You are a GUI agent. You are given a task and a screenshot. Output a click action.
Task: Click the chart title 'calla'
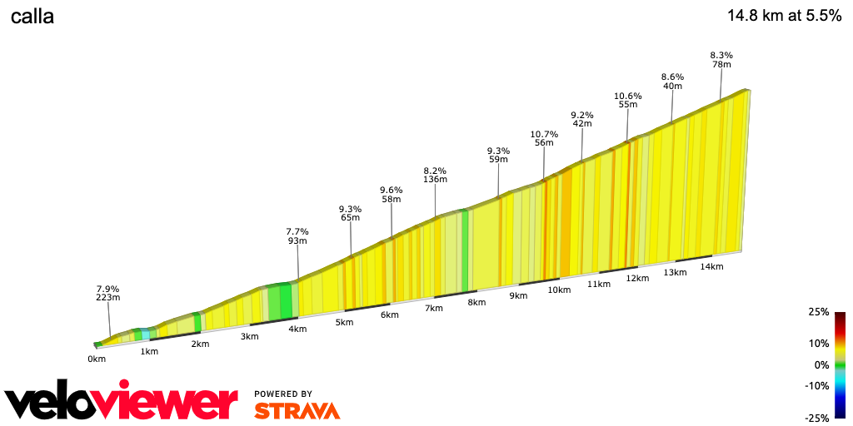point(32,17)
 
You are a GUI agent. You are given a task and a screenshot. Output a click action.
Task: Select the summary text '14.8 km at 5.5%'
point(784,16)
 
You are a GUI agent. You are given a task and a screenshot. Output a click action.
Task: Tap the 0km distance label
point(97,359)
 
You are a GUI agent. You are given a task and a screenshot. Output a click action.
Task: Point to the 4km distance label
point(297,329)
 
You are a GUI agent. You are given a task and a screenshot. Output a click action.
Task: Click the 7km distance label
point(433,308)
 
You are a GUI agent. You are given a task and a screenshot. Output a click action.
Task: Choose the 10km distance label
point(559,290)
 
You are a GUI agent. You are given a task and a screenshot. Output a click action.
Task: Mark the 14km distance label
point(711,266)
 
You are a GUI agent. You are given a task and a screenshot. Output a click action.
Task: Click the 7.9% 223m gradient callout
point(108,293)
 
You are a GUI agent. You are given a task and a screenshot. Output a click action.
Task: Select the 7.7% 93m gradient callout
point(297,236)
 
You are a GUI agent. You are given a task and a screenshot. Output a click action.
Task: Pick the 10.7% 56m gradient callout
point(543,138)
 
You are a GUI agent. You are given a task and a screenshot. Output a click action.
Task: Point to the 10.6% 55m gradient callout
point(627,100)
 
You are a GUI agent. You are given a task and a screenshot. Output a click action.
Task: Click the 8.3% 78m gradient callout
point(721,60)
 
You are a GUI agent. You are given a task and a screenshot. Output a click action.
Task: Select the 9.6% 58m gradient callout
point(392,195)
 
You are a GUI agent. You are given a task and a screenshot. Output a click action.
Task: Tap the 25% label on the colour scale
point(818,312)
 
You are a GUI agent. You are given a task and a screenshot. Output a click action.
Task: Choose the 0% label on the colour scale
point(821,364)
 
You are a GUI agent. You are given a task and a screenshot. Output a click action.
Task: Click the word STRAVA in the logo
point(297,410)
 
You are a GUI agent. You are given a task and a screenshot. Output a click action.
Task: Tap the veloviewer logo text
point(122,403)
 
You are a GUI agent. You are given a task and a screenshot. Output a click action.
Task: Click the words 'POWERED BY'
point(283,394)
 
